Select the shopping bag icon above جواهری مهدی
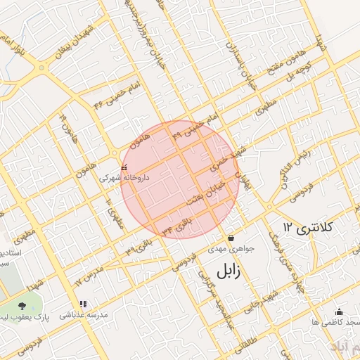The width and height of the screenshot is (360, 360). pyautogui.click(x=231, y=237)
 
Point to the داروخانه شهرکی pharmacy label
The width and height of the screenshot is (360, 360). pyautogui.click(x=124, y=179)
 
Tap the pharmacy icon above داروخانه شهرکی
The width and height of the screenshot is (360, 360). pyautogui.click(x=124, y=168)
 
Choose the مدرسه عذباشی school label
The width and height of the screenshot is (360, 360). pyautogui.click(x=84, y=316)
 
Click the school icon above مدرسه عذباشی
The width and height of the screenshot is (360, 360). pyautogui.click(x=84, y=304)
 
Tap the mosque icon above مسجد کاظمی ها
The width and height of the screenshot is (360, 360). pyautogui.click(x=340, y=311)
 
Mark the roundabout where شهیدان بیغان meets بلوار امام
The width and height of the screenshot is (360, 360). pyautogui.click(x=44, y=68)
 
